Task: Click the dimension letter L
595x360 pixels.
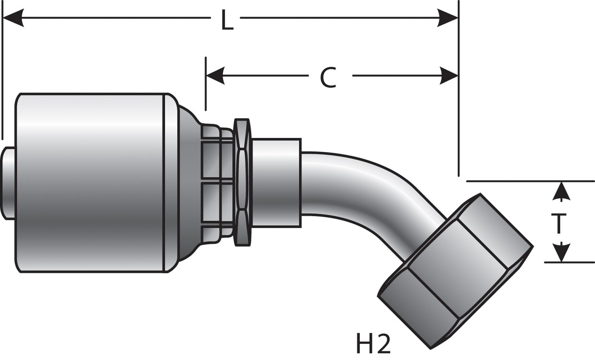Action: [227, 20]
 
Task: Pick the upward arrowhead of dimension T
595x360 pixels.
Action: [561, 191]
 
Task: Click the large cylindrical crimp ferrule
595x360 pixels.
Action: [90, 183]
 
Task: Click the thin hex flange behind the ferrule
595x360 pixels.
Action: [242, 183]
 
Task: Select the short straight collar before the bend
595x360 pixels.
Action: [276, 183]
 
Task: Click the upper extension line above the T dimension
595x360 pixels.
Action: [530, 181]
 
